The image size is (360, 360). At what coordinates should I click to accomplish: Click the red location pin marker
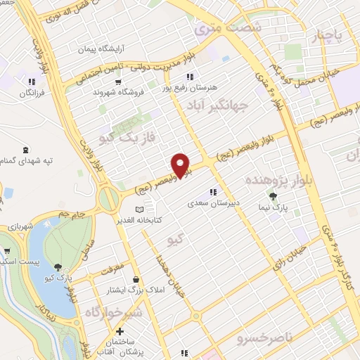pos(181,165)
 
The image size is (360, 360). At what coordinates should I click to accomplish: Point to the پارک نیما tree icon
pos(273,196)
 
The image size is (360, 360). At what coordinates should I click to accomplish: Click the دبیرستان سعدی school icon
pos(214,191)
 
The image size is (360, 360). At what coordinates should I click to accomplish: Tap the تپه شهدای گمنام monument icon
pos(26,149)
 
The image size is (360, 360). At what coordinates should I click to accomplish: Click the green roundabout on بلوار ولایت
pos(108,199)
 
